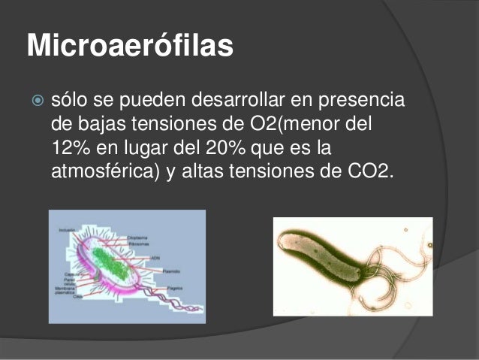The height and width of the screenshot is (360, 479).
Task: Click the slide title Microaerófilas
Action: click(130, 46)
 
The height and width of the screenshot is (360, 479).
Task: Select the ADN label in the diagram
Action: click(157, 256)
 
